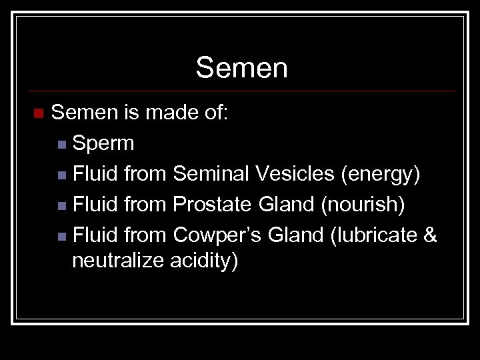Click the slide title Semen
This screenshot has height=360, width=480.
click(241, 68)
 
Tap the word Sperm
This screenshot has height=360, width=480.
click(103, 143)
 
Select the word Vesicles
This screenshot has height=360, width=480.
click(295, 174)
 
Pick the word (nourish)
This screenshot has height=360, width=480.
click(363, 205)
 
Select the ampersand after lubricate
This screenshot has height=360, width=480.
click(430, 235)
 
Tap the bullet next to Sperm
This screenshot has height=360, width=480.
click(61, 144)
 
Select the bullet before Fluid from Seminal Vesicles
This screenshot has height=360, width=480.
click(61, 175)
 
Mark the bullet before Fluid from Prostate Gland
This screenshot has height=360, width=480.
click(61, 205)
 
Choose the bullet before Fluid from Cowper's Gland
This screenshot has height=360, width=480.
click(61, 236)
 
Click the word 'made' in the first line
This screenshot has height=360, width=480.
click(169, 113)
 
